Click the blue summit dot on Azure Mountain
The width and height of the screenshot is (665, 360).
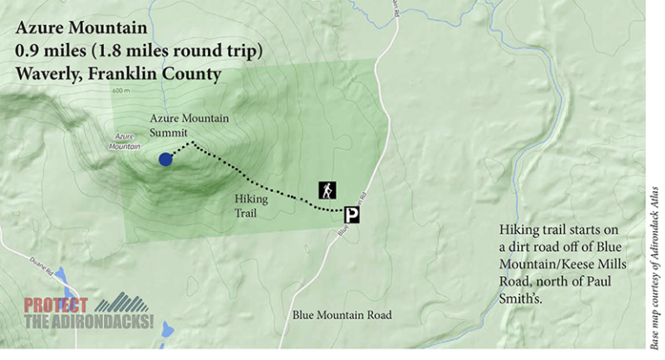[165, 158]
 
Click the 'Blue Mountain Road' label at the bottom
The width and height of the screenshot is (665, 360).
[342, 314]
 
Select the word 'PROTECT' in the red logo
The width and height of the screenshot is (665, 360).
[55, 305]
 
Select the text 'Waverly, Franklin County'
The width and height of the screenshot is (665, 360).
[118, 74]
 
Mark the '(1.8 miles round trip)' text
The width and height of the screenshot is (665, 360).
[178, 52]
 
